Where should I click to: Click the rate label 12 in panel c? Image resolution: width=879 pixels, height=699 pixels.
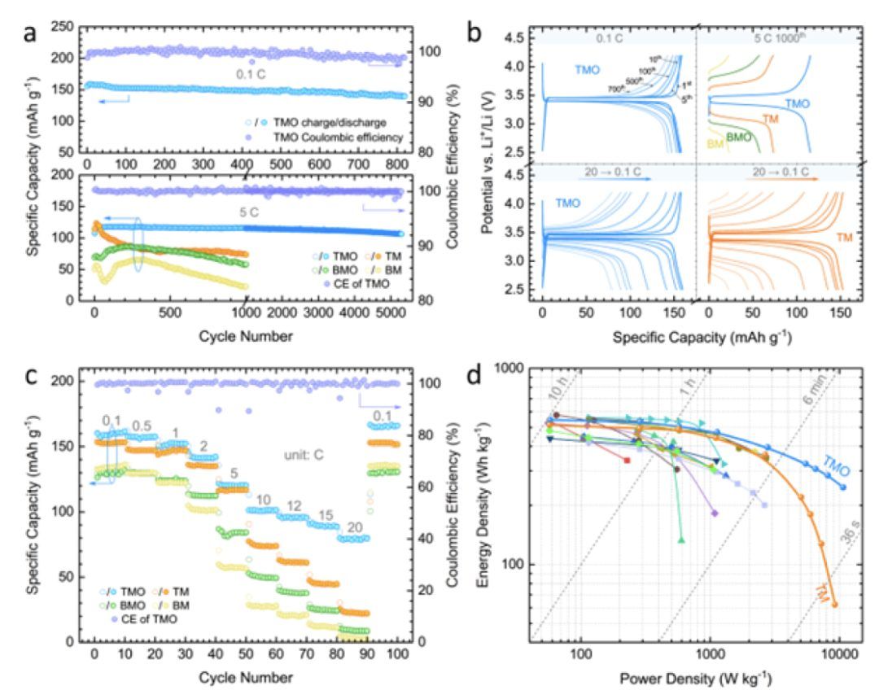pyautogui.click(x=294, y=505)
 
